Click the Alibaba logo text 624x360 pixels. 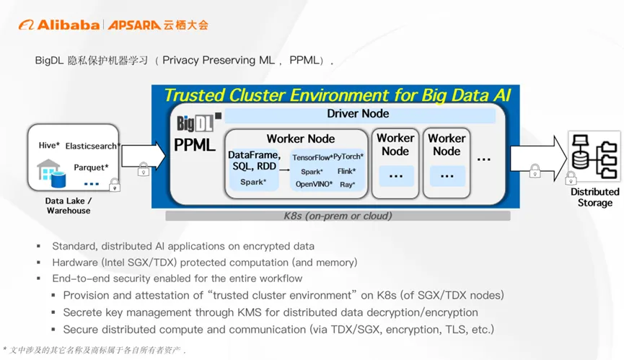pos(68,25)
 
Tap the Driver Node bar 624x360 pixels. pos(360,114)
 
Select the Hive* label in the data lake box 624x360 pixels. pos(49,145)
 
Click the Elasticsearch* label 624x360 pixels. pos(93,146)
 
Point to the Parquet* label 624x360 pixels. pos(91,167)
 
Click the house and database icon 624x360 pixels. pos(51,173)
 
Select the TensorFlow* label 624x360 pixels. pos(312,157)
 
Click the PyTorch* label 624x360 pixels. pos(348,157)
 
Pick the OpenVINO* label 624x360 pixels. pos(314,184)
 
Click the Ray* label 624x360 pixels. pos(348,185)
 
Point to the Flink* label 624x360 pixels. pos(346,172)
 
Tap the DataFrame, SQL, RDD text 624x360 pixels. pos(255,160)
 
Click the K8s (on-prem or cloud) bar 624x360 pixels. pos(338,216)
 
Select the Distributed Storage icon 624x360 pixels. pos(594,156)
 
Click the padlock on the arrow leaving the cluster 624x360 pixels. pos(535,171)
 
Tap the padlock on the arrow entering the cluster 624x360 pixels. pos(144,169)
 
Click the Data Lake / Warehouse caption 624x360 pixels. pos(69,206)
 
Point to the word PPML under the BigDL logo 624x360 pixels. pos(195,145)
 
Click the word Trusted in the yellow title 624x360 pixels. pos(194,95)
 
